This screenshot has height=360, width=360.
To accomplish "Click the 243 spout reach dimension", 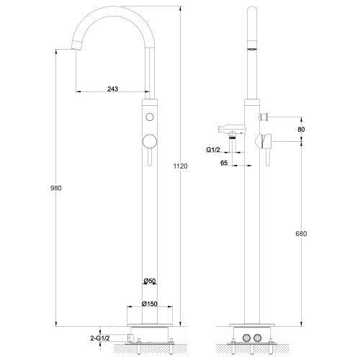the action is (113, 89).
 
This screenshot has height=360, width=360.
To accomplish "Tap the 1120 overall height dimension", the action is (180, 166).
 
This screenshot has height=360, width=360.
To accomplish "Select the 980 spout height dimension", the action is (55, 188).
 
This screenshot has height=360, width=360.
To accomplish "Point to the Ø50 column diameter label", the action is (150, 281).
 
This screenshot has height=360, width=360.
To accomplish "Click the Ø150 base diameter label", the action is (150, 304).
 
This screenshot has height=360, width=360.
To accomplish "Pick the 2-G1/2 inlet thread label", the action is (100, 338).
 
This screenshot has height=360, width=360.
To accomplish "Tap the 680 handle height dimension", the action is (301, 233).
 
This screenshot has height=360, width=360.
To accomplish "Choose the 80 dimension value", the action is (301, 130).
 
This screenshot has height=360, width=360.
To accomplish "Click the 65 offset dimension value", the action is (224, 163).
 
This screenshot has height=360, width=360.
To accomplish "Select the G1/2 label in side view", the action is (213, 150).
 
